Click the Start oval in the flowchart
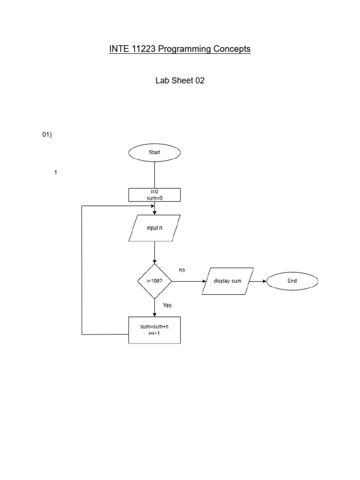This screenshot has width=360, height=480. (154, 152)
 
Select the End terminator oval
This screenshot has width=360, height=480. (292, 281)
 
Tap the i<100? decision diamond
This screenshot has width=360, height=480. (154, 281)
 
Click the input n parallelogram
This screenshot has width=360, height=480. (154, 228)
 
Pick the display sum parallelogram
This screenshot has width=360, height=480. (228, 281)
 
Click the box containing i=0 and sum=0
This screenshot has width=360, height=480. (154, 195)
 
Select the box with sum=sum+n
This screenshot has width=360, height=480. (154, 330)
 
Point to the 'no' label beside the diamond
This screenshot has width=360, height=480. (182, 270)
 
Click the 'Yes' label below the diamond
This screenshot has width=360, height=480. (167, 305)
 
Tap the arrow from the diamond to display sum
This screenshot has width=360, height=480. (188, 281)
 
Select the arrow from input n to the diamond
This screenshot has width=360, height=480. (154, 253)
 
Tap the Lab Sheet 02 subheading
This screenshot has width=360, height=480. (180, 81)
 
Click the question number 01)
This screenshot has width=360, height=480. (47, 135)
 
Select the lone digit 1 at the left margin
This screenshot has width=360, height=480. (56, 172)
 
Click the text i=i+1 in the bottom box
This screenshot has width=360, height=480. (154, 334)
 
